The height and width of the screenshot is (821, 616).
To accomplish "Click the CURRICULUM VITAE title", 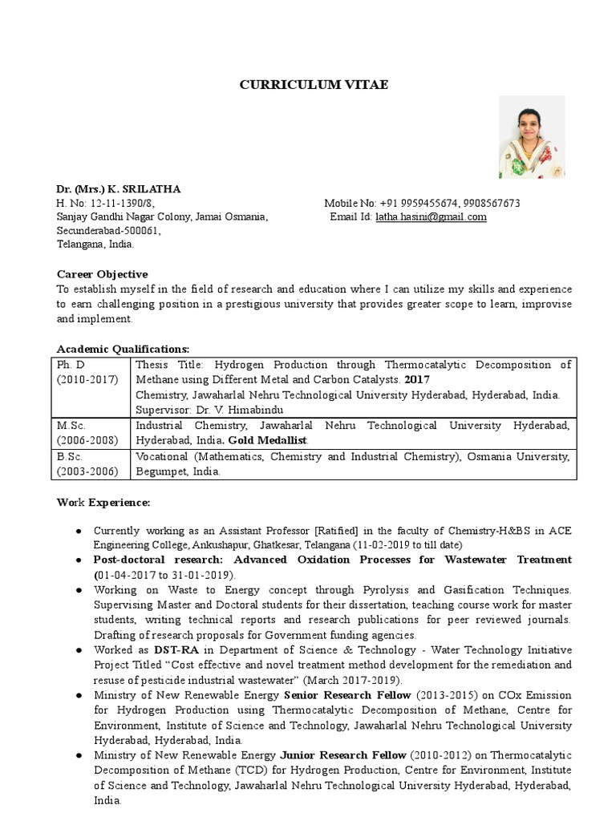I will pyautogui.click(x=314, y=85).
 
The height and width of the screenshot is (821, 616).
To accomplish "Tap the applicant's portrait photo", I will pyautogui.click(x=532, y=137).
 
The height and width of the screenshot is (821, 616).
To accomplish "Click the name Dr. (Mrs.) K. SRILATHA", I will pyautogui.click(x=118, y=189).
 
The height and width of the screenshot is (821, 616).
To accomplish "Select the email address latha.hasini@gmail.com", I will pyautogui.click(x=431, y=217).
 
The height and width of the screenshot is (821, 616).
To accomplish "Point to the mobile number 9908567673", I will pyautogui.click(x=490, y=204).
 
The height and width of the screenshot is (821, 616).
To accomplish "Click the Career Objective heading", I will pyautogui.click(x=102, y=274).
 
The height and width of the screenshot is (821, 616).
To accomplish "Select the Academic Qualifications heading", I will pyautogui.click(x=123, y=349).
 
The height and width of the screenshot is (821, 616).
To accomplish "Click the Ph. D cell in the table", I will pyautogui.click(x=71, y=364).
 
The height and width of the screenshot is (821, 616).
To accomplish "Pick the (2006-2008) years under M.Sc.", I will pyautogui.click(x=87, y=440).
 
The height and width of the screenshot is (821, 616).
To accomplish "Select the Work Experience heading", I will pyautogui.click(x=103, y=502).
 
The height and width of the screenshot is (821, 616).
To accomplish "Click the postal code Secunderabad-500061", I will pyautogui.click(x=107, y=231).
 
